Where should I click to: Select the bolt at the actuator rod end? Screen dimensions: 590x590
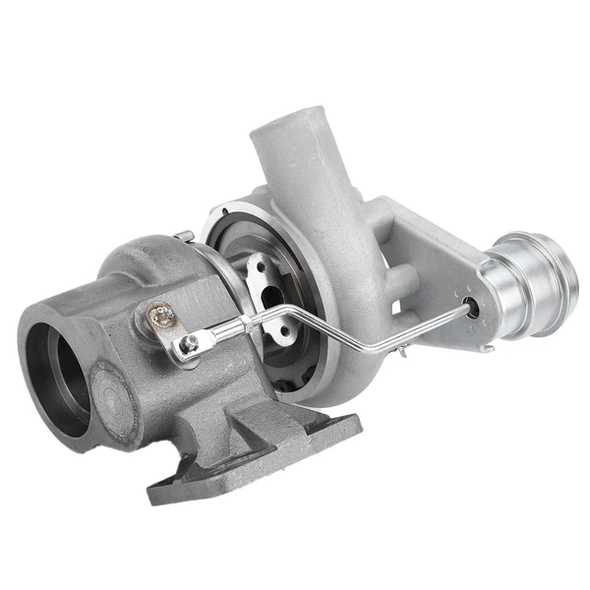185,343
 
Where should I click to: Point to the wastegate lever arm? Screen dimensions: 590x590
173,329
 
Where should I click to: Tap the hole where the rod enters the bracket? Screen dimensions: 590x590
476,306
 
